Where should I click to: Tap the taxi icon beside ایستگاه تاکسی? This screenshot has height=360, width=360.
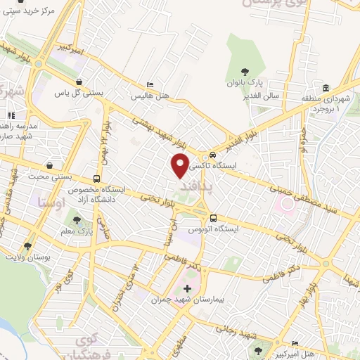click(x=212, y=155)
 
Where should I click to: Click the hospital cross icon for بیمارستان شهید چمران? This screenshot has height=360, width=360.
click(x=186, y=289)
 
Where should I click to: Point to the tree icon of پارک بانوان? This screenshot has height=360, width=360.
click(x=244, y=72)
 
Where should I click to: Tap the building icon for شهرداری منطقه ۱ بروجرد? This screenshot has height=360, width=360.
click(x=326, y=88)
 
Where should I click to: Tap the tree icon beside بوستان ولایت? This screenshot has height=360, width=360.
click(x=27, y=246)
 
